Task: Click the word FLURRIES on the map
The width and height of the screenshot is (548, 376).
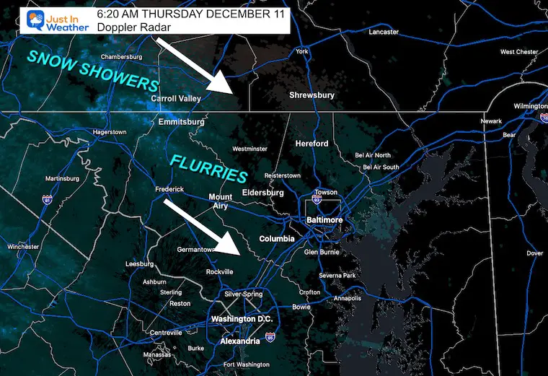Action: pos(209,167)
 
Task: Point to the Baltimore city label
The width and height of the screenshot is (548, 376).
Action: pos(323,220)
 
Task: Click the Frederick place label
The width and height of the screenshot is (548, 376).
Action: pos(169,189)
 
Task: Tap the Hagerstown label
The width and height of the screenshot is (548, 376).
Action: pos(110,132)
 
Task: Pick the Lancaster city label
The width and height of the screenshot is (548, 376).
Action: pos(383,32)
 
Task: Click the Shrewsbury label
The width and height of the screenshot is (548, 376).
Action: pos(311,95)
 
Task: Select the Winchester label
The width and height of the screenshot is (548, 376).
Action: pos(23,247)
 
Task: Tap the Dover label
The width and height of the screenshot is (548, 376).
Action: pos(534,253)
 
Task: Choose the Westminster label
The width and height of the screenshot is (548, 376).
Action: pos(250,149)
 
